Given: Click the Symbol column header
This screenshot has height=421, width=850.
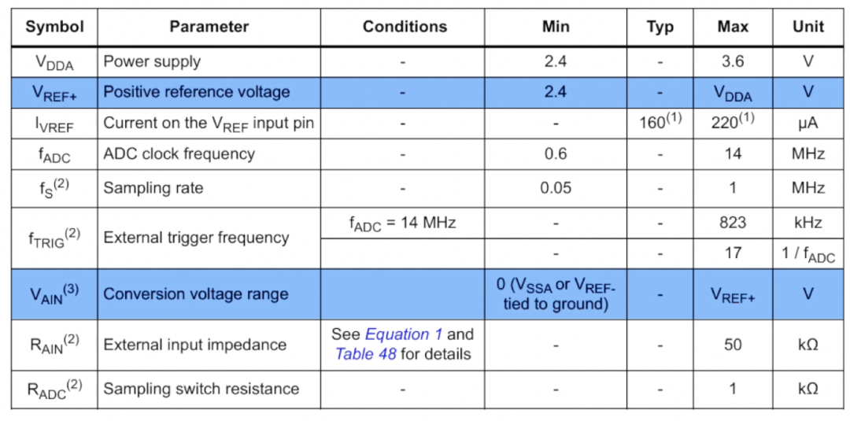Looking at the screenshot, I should click(x=54, y=27).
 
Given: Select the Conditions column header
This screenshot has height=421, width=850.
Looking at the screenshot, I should click(x=405, y=27).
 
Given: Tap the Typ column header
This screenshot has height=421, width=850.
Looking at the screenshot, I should click(x=660, y=27).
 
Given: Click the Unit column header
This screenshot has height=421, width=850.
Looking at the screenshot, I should click(x=807, y=27).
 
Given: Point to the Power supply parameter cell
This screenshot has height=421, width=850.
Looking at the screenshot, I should click(x=152, y=61).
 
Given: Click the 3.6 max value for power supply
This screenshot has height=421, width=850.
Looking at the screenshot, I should click(x=732, y=61).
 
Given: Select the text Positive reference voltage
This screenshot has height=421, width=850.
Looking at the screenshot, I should click(x=197, y=92).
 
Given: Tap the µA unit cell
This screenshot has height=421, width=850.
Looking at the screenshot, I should click(x=807, y=124).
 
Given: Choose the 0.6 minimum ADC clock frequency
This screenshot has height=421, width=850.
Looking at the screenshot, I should click(x=555, y=154).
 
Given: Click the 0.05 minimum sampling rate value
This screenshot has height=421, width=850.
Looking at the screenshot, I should click(x=555, y=188).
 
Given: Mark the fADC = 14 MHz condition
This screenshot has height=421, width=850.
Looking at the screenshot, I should click(x=402, y=223).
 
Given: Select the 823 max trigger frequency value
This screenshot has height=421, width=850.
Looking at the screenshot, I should click(x=732, y=223).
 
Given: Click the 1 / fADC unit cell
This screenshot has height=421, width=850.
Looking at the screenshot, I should click(x=807, y=255).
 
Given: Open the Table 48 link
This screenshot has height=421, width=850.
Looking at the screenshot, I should click(x=365, y=354).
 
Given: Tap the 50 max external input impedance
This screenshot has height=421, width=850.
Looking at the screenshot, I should click(x=732, y=345).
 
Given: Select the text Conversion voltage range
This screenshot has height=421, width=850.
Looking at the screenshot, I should click(x=196, y=294).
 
